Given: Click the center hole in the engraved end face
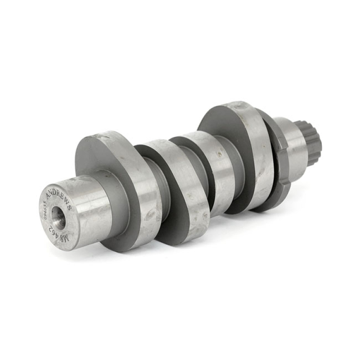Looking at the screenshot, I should pos(58,217).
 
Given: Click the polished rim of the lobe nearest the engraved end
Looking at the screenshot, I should pos(139,189).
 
